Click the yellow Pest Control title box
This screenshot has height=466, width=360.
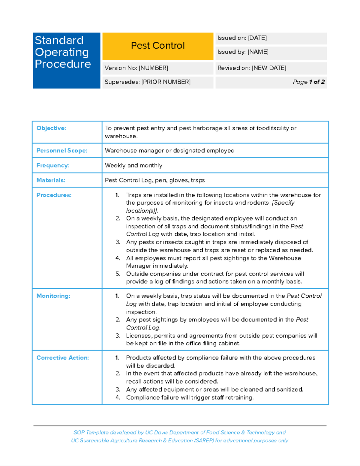pos(158,46)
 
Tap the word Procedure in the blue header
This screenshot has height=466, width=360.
pos(63,64)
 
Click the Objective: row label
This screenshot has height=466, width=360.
pos(51,128)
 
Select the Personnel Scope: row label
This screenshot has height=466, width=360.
pos(61,151)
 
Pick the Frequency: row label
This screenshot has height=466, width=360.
pos(52,165)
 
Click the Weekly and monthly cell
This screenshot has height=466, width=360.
pos(133,165)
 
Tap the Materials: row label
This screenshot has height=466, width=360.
pos(51,180)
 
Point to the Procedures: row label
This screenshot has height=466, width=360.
pos(54,195)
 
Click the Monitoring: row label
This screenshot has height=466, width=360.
pos(53,296)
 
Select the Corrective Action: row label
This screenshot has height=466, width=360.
pos(62,358)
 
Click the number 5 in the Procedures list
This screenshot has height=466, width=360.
pos(118,274)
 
